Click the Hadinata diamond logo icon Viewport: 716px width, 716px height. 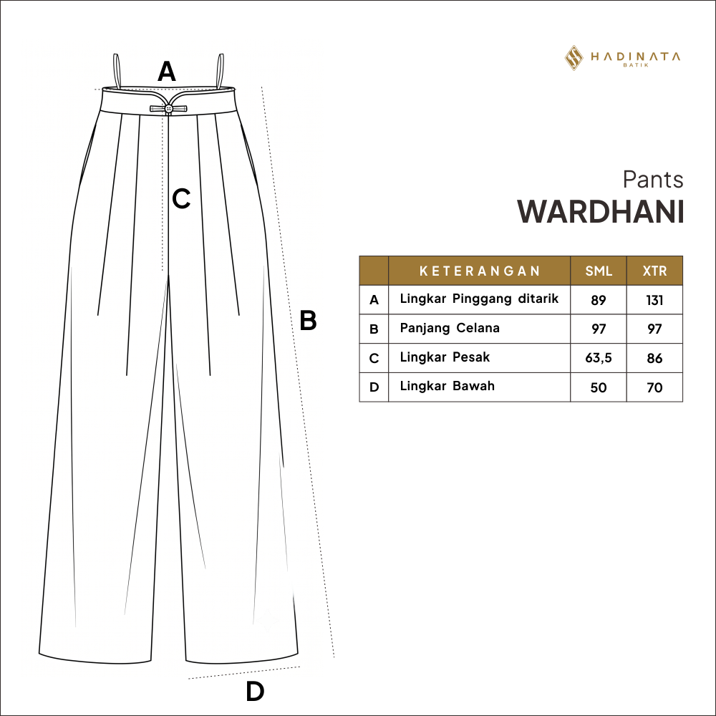point(574,57)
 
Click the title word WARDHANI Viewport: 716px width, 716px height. point(601,212)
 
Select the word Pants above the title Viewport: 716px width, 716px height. point(653,180)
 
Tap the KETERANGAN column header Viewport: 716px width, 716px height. point(480,271)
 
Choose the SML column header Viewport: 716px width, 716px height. point(599,271)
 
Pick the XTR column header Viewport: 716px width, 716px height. point(655,271)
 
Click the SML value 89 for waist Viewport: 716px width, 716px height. point(598,300)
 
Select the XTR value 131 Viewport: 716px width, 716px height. point(654,300)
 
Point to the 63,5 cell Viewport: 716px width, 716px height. point(598,358)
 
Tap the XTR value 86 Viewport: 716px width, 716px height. point(654,358)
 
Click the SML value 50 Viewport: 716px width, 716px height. point(598,387)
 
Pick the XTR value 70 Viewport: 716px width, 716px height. point(654,387)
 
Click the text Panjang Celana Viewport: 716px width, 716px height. point(450,329)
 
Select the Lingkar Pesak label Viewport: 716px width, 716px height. point(445,357)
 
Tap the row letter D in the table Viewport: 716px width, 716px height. point(374,387)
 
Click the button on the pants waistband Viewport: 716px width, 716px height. point(168,108)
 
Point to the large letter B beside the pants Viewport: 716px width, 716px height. point(308,320)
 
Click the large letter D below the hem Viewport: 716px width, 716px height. point(256,692)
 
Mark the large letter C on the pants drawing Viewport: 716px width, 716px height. point(181,198)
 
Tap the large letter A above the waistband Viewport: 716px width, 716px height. point(167,71)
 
